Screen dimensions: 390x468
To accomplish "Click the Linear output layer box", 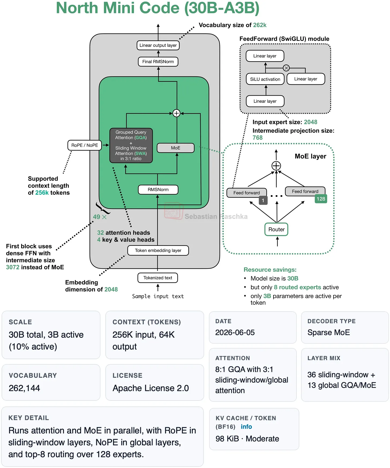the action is coord(158,45).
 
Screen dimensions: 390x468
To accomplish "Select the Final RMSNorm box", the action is coord(158,62).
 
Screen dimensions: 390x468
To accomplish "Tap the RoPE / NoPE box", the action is coord(85,145).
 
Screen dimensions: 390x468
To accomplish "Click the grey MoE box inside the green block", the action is coord(176,148).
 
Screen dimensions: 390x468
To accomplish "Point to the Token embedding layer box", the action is coord(158,250).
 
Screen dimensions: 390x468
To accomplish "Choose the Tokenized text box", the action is coord(158,278).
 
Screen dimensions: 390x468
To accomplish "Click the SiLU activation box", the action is coord(265,79).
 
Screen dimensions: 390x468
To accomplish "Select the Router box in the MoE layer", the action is coord(276,229).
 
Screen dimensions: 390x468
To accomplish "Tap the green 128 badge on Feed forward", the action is coord(321,199).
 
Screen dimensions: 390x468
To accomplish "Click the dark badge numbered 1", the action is coord(263,200).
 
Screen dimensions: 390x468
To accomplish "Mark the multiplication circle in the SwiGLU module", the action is coord(286,68).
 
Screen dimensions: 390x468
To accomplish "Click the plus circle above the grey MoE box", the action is coord(177,113).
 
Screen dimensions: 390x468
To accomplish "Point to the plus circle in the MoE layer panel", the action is coord(276,166).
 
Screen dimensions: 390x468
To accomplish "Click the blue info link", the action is coord(246,427).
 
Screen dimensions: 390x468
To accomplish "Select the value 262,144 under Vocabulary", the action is coord(24,388).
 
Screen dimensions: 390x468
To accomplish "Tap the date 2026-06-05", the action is coord(235,333).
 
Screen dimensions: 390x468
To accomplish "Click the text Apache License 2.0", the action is coord(151,388).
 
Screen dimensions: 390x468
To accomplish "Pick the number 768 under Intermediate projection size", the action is coord(258,138).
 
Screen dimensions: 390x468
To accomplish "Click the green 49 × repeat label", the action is coord(100,217).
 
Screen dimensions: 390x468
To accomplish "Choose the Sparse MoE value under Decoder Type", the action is coord(329,333).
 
